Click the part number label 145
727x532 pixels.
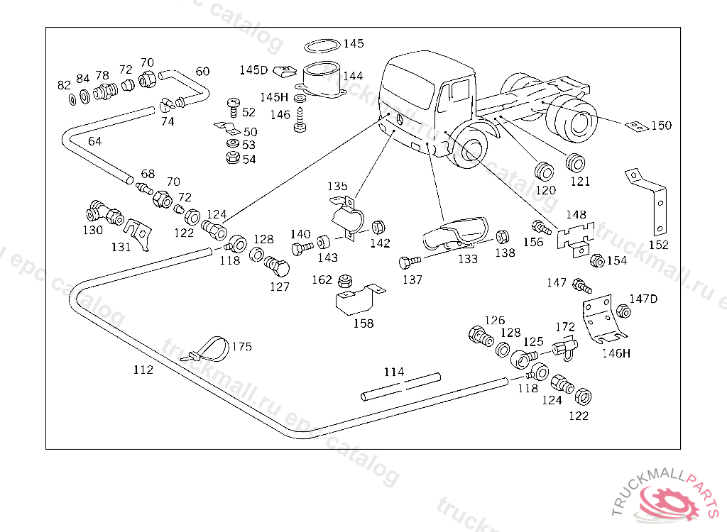354,43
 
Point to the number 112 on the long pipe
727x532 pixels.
143,370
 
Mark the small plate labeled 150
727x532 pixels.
635,126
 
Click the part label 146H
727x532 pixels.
616,353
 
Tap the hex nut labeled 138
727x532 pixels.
501,237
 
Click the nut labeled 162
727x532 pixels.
346,279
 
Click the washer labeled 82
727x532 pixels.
72,97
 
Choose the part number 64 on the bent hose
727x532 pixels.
94,141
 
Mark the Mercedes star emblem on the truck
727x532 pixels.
399,119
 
